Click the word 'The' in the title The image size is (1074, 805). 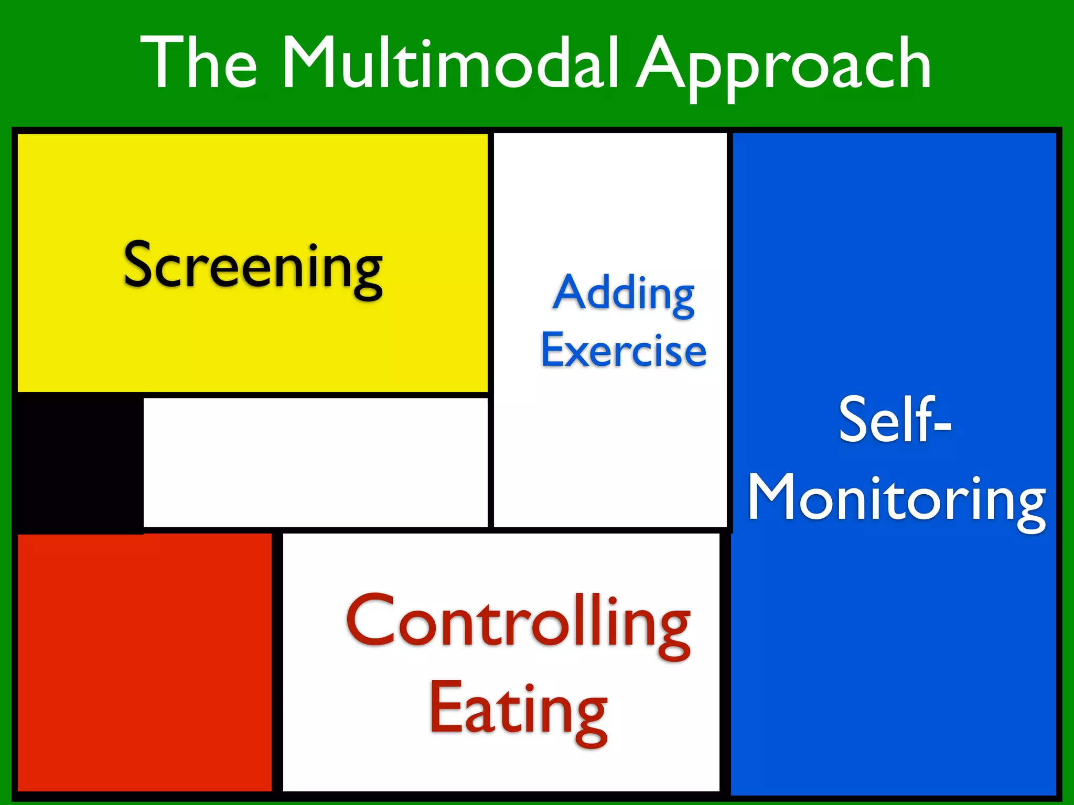click(x=199, y=63)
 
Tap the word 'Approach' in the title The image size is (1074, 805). click(x=783, y=66)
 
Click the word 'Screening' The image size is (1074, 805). click(x=253, y=267)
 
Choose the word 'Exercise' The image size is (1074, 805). click(x=624, y=350)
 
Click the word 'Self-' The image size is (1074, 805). click(x=895, y=419)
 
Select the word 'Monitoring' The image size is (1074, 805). click(x=897, y=501)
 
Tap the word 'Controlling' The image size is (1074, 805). click(x=518, y=624)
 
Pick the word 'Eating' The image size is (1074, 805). click(x=518, y=710)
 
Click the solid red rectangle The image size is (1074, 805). click(x=145, y=662)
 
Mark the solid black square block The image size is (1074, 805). click(x=79, y=463)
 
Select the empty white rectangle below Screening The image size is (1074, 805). click(x=315, y=462)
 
